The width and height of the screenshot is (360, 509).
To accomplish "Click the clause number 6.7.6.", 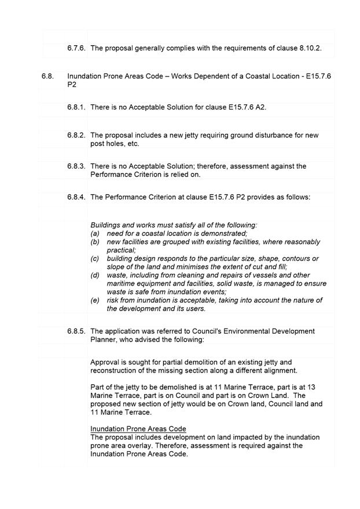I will [76, 49].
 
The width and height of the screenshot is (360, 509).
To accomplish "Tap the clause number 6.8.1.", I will [76, 108].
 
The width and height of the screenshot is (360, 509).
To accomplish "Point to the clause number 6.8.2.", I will [76, 135].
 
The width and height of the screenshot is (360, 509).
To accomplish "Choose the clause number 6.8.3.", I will [76, 166].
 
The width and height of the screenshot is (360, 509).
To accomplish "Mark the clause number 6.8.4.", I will [76, 197].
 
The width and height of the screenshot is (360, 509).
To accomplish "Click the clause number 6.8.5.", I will [76, 331].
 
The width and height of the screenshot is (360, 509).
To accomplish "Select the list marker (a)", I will [95, 233].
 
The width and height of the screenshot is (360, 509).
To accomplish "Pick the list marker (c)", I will [95, 259].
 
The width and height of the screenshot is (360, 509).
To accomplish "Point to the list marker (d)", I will [95, 275].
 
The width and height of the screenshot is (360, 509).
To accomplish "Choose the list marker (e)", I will [95, 301].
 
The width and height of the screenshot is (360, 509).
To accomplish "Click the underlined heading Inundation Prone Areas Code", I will [138, 429].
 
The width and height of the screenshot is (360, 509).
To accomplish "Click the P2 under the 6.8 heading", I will [72, 84].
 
